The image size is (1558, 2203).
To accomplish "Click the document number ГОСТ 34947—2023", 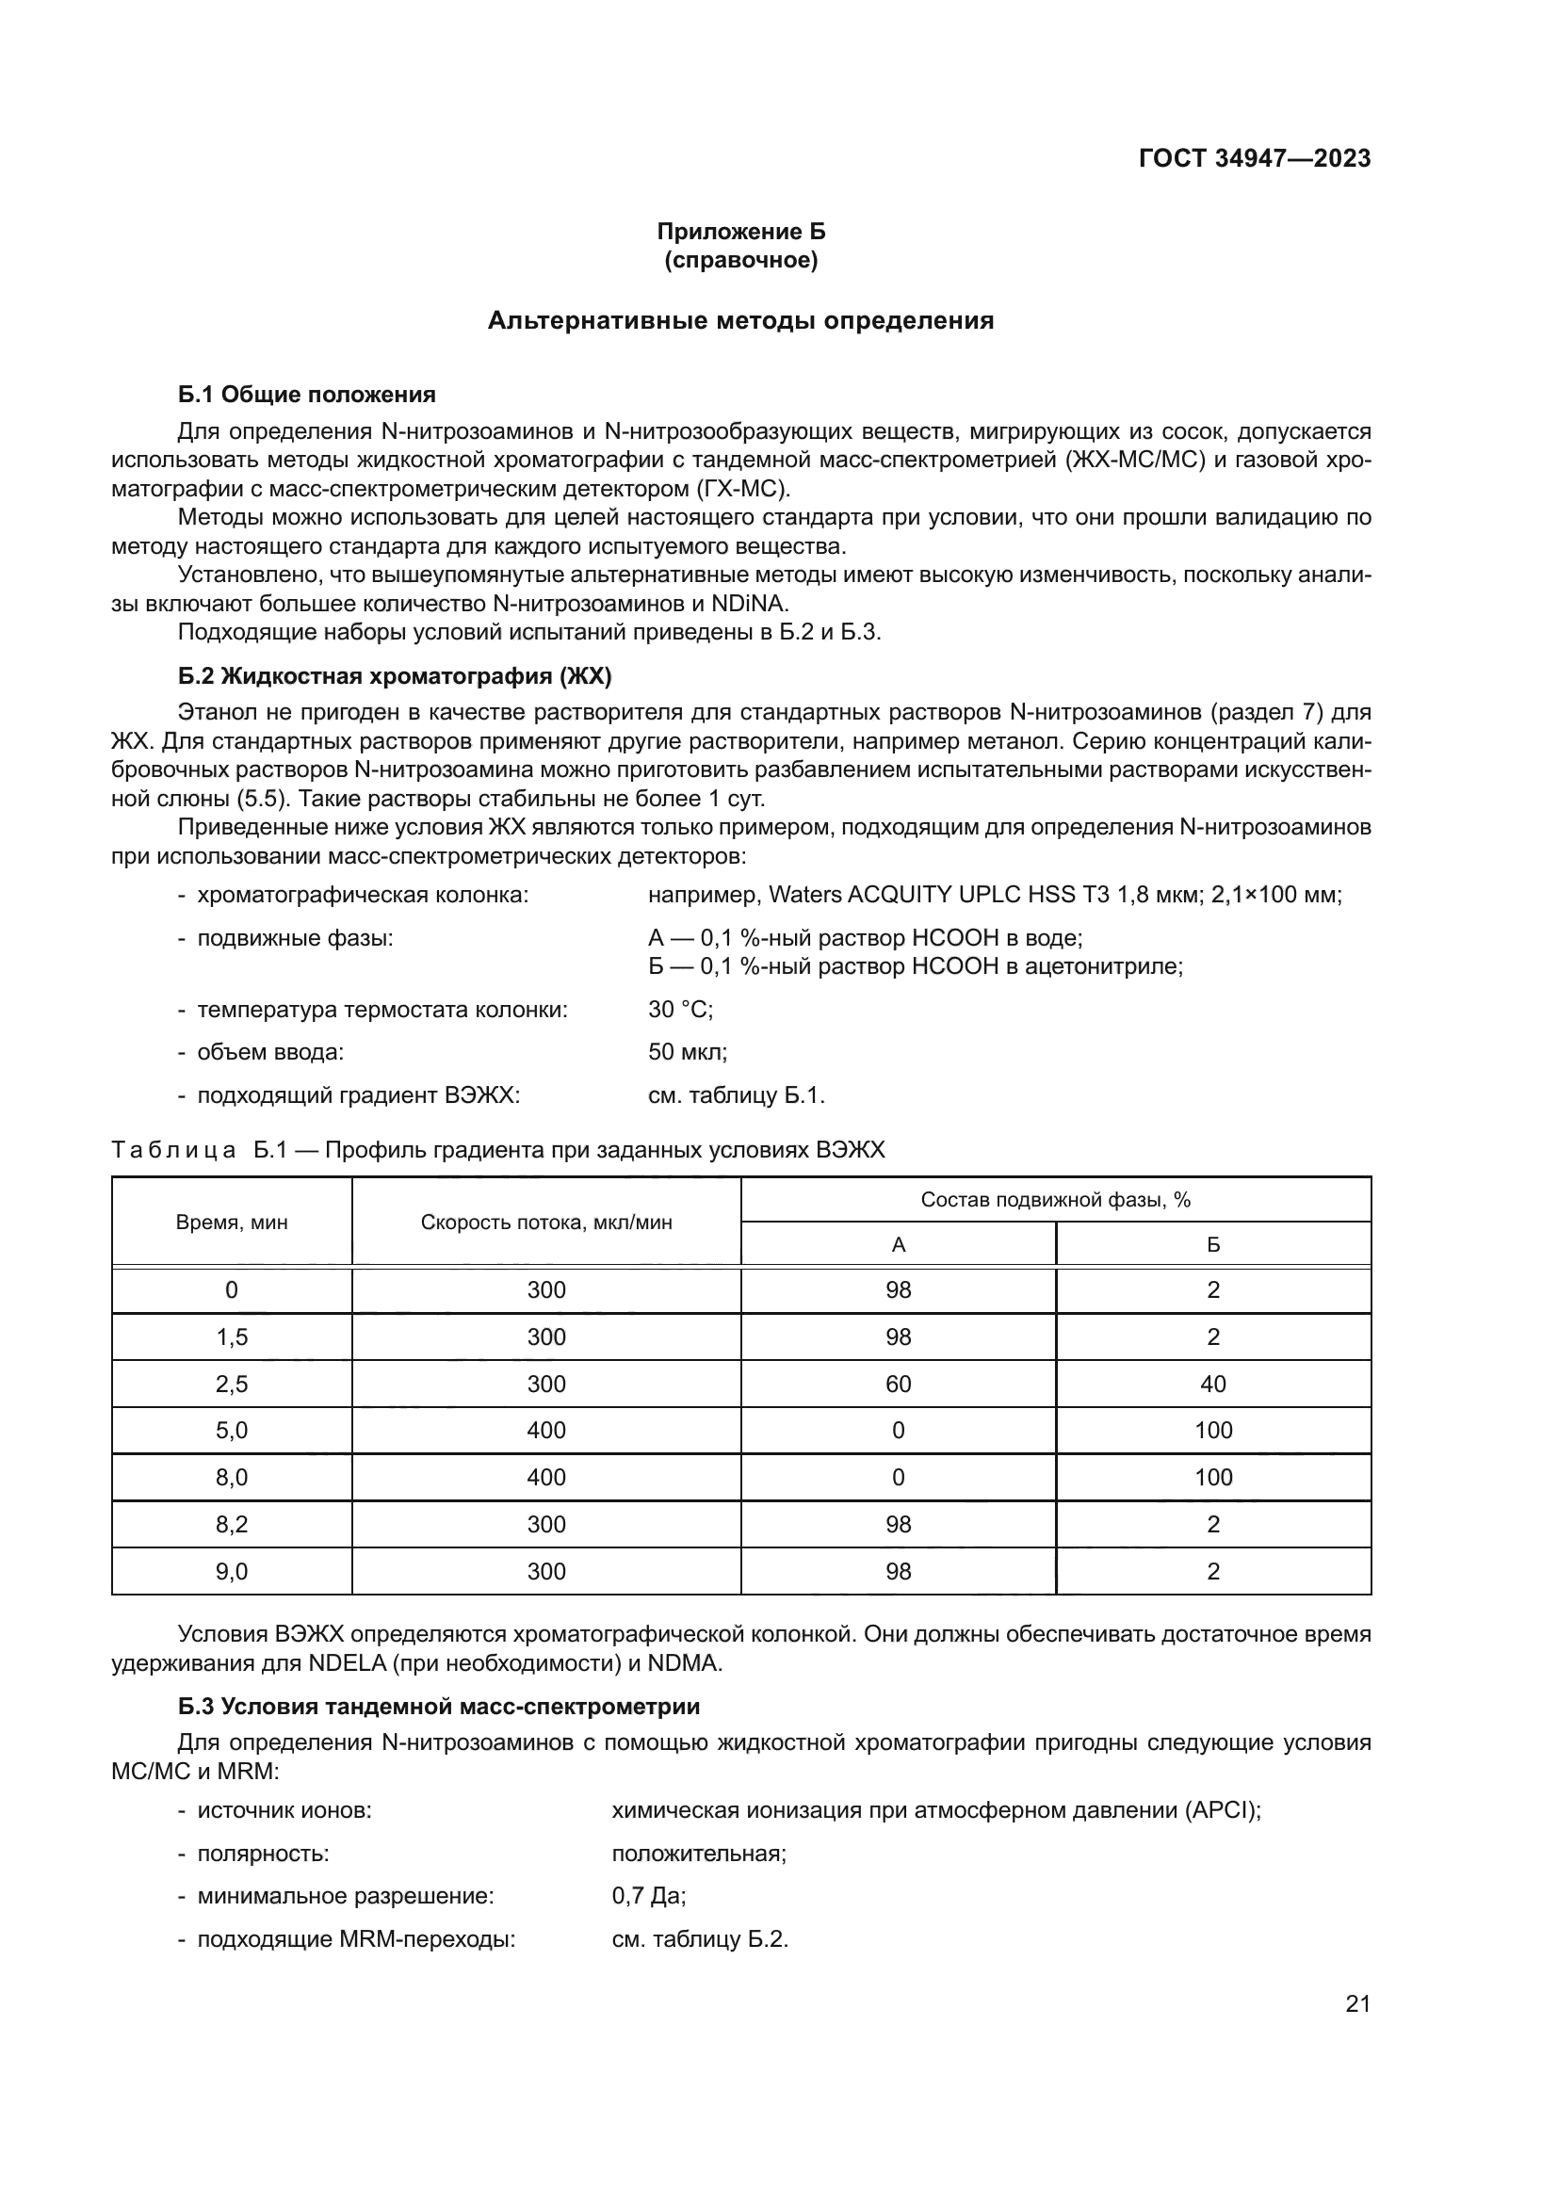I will (x=1254, y=158).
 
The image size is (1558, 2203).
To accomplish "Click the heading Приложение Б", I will (x=740, y=232).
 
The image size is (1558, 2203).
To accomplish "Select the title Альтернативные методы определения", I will (x=740, y=320).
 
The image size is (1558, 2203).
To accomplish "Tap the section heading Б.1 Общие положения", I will (x=307, y=395).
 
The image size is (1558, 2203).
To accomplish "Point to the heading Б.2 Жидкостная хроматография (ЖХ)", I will (x=395, y=676).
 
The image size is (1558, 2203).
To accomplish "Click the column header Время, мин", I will (x=231, y=1222).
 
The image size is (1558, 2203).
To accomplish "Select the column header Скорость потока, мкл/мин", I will (x=546, y=1222).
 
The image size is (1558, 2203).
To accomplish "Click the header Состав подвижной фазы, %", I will (x=1055, y=1199).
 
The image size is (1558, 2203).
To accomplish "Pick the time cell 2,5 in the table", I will (x=231, y=1384).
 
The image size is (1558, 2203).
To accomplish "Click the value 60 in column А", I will (x=898, y=1384).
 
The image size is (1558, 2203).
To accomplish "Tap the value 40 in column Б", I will (x=1212, y=1384).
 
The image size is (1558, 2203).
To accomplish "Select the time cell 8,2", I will (x=231, y=1525).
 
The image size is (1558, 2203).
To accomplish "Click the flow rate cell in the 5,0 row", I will (x=546, y=1431).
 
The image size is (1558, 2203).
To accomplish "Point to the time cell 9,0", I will (x=231, y=1572).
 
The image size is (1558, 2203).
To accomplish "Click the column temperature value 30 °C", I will (x=680, y=1010).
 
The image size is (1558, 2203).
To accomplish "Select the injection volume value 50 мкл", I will (x=687, y=1052).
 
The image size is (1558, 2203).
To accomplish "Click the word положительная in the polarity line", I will (x=698, y=1854).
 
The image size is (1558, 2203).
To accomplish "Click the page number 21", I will (x=1357, y=2003).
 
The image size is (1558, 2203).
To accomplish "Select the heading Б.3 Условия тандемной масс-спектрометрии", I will (x=438, y=1707).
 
